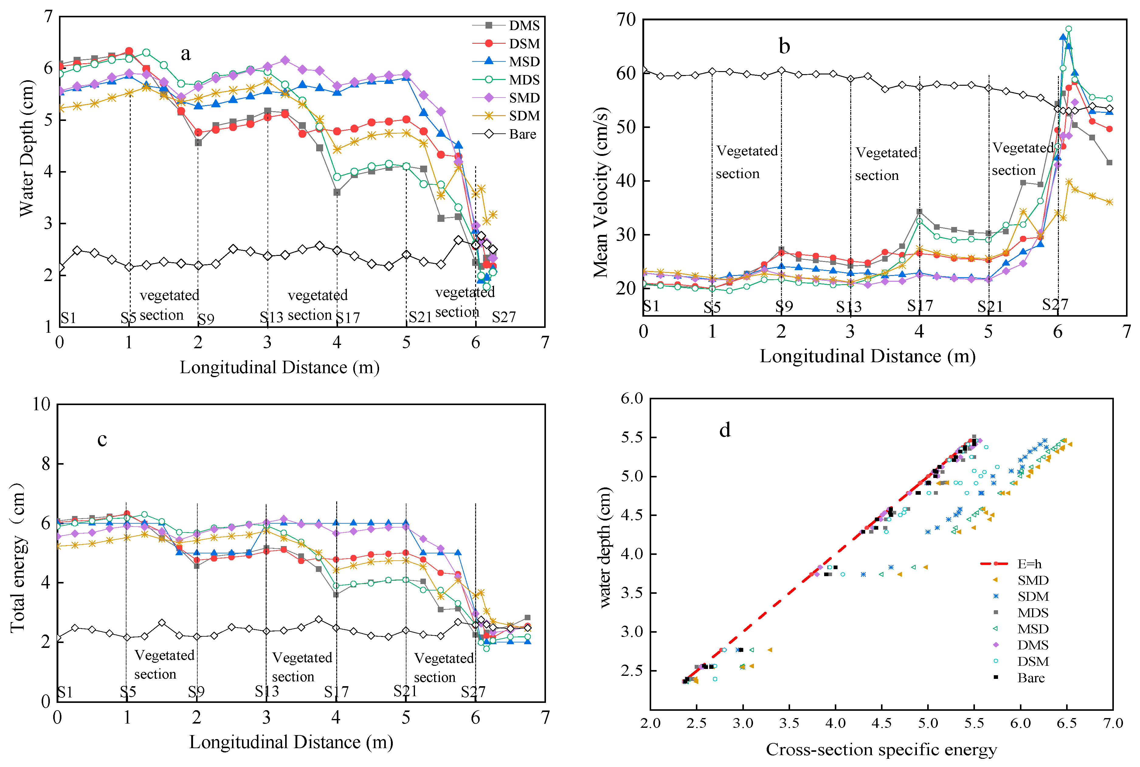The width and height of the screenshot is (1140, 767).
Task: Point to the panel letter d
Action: [x=725, y=430]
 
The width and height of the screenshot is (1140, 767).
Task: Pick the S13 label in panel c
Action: [x=267, y=691]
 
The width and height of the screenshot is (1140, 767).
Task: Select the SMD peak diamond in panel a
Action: [x=285, y=60]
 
